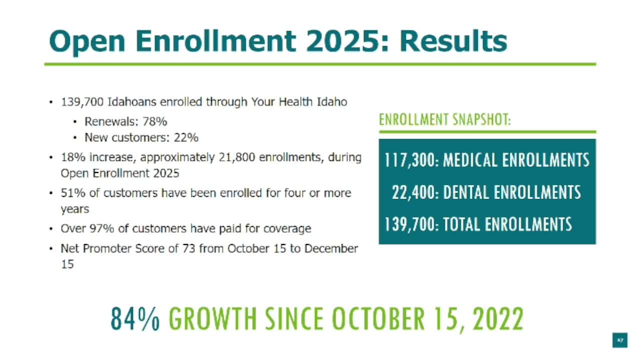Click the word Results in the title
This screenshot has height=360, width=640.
click(x=453, y=41)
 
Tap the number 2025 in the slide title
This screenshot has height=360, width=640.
click(x=343, y=41)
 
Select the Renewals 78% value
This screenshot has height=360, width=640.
click(x=154, y=121)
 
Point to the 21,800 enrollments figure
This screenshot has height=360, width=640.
click(x=237, y=157)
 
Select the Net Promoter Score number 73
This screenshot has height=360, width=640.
click(x=188, y=248)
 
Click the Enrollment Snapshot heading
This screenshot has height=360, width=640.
click(x=445, y=119)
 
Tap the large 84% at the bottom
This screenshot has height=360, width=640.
click(x=135, y=318)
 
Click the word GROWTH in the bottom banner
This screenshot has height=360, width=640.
click(x=213, y=318)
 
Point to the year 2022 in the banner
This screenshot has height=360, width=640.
click(x=498, y=318)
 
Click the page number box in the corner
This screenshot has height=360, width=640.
click(x=619, y=340)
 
